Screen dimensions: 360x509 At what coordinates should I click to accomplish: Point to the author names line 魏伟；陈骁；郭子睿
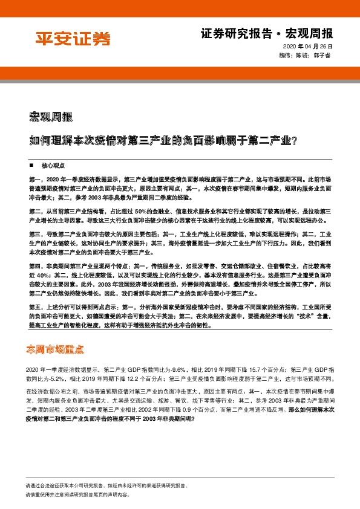click(306, 55)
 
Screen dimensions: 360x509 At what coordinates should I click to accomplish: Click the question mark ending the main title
click(293, 141)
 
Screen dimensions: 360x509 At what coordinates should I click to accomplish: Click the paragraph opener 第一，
click(36, 180)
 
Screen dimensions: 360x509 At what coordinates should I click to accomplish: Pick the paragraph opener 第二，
click(36, 210)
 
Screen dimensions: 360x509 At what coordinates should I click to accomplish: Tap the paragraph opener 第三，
click(36, 233)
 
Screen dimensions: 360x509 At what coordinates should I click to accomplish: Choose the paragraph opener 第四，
click(36, 264)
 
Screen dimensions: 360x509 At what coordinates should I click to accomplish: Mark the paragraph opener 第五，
click(36, 307)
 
